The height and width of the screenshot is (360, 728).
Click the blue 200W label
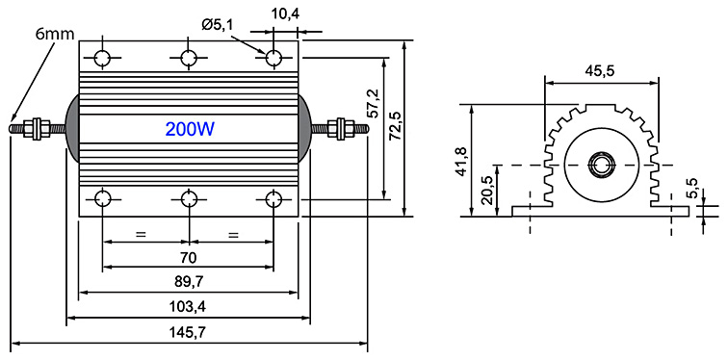pos(190,129)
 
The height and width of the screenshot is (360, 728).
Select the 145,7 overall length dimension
pos(189,332)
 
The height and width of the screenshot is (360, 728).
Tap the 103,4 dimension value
pos(189,307)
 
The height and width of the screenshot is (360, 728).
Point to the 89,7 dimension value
pos(189,281)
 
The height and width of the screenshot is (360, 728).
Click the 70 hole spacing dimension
pos(188,257)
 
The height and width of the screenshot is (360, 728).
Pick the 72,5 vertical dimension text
pos(396,128)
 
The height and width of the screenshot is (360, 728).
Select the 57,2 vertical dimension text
pos(375,104)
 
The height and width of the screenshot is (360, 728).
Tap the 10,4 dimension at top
pos(286,13)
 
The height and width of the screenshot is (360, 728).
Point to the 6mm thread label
pos(55,34)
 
